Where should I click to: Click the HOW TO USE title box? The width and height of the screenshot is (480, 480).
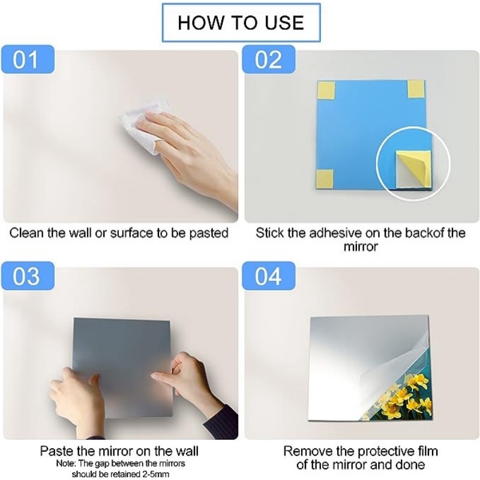(241, 23)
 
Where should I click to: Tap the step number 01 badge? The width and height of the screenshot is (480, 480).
(28, 59)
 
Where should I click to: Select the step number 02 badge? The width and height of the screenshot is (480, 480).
(268, 59)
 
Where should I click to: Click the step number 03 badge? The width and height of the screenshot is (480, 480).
(28, 276)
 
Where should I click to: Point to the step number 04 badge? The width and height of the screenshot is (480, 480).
(268, 276)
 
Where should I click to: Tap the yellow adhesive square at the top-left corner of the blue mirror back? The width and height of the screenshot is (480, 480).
(326, 89)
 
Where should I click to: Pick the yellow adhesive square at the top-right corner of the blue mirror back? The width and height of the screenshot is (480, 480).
(416, 89)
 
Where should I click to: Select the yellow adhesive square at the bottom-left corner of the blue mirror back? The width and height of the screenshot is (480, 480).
(325, 178)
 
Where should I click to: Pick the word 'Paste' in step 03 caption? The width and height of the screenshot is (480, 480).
(56, 451)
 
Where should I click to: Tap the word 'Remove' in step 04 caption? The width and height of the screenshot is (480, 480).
(307, 451)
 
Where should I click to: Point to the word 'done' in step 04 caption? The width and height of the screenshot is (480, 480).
(410, 464)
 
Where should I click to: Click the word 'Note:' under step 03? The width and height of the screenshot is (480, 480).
(66, 463)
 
